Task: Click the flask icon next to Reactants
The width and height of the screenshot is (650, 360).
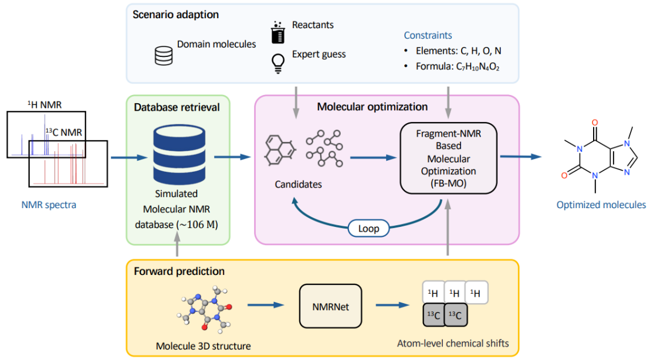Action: tap(276, 32)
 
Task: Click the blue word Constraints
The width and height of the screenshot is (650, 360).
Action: tap(428, 36)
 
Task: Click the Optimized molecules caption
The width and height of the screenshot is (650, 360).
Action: tap(601, 205)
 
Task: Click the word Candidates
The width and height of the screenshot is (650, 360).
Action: tap(299, 185)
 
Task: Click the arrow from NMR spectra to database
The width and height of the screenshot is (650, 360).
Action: tap(126, 157)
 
